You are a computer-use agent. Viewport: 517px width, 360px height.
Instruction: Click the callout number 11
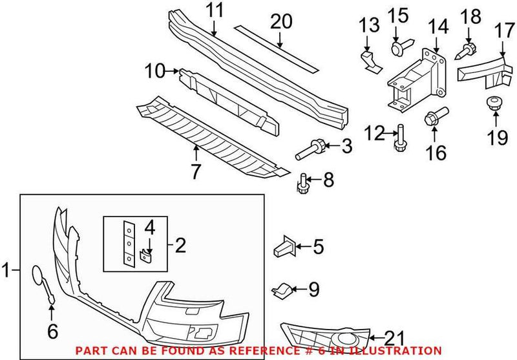(214, 10)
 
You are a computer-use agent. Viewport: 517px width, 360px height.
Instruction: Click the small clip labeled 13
(368, 59)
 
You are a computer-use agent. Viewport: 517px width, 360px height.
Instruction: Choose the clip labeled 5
(286, 246)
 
